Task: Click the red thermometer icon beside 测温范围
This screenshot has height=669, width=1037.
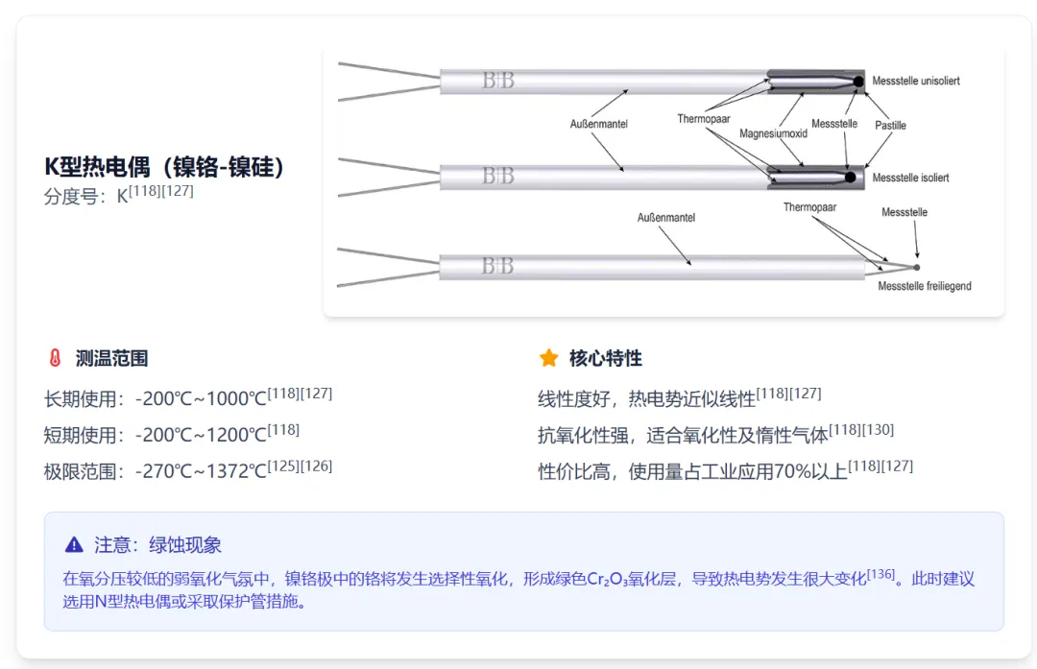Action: [x=55, y=359]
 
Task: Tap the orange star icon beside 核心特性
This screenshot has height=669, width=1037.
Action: [x=548, y=359]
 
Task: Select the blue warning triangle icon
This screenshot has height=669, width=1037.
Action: [x=74, y=545]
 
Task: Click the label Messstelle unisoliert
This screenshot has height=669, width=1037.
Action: [x=915, y=81]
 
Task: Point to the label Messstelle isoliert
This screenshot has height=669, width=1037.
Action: [x=910, y=178]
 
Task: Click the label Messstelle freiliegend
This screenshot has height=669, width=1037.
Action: [x=924, y=286]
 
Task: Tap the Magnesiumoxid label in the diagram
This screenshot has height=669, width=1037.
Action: [x=773, y=133]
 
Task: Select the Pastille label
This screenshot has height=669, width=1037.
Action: [x=890, y=125]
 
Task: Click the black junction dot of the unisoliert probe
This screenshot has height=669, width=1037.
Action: [x=859, y=82]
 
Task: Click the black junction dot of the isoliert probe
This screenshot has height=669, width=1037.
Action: [x=850, y=178]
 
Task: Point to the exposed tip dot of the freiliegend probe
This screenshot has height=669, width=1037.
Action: [x=916, y=267]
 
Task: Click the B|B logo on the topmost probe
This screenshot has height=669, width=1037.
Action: [x=498, y=81]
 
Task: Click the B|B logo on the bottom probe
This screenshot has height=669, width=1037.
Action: [x=497, y=266]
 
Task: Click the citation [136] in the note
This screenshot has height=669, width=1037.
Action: [x=880, y=575]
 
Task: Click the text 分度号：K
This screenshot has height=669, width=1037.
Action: [x=86, y=197]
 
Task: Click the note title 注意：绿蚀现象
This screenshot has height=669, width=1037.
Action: [x=157, y=545]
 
